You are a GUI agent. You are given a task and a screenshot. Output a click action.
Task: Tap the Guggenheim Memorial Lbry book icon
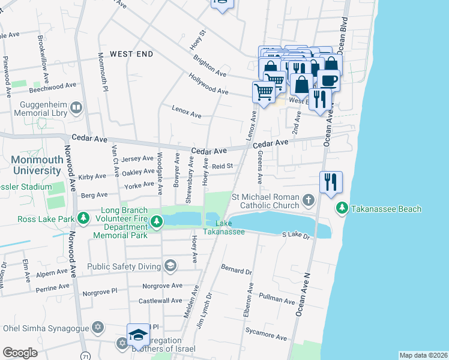76,107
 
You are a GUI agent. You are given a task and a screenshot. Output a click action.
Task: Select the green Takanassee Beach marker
342,208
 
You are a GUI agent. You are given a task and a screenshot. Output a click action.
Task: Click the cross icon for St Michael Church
308,200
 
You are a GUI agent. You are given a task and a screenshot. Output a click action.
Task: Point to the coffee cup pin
328,79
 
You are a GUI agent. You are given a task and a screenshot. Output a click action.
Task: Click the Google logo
20,353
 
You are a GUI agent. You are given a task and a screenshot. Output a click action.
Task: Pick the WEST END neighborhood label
131,54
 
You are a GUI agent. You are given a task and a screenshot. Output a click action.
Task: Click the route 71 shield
86,356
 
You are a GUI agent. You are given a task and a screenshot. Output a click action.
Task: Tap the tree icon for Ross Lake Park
86,215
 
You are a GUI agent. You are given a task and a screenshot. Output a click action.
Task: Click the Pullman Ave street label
277,297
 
